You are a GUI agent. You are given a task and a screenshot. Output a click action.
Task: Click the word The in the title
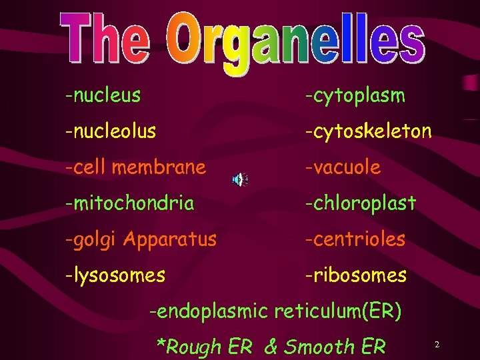tap(105, 38)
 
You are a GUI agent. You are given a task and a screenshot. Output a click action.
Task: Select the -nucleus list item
tap(103, 95)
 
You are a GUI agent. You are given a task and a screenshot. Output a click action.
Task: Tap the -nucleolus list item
tap(111, 131)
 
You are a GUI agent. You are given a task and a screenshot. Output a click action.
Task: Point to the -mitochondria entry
tap(129, 203)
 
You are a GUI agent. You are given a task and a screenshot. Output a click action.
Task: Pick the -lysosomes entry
tap(115, 275)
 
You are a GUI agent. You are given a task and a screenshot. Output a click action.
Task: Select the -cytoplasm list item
tap(355, 96)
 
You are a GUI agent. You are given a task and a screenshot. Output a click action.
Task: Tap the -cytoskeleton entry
tap(368, 131)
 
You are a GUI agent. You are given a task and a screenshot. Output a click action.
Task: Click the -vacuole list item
tap(343, 167)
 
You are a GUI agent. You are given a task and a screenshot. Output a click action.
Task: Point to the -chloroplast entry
tap(360, 203)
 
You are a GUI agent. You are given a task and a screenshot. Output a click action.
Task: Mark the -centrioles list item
tap(355, 239)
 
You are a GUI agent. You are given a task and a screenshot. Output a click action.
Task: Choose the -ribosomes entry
tap(355, 275)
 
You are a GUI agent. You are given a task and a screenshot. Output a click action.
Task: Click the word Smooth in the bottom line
tap(319, 347)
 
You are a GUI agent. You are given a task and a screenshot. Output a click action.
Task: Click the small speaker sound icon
tap(239, 179)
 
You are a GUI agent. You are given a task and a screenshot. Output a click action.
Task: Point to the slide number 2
tap(437, 345)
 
